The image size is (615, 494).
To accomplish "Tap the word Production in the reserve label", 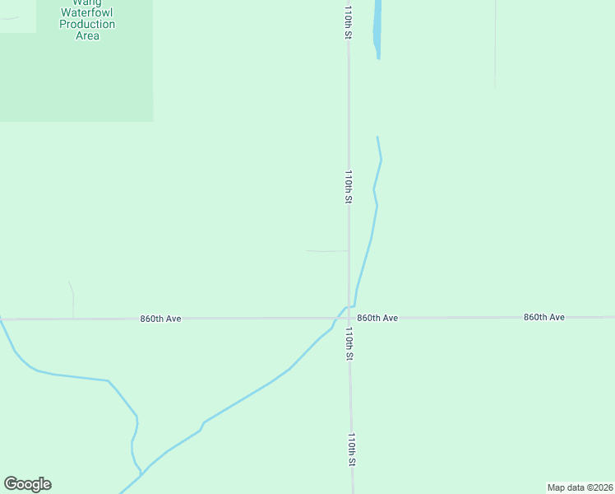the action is click(87, 25).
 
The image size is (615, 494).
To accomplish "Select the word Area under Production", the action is click(87, 35).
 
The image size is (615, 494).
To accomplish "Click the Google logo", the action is click(27, 484).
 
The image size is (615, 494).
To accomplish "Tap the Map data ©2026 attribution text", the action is click(580, 487).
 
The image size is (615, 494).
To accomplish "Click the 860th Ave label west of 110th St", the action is click(160, 318).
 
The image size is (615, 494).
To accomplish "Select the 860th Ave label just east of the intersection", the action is click(377, 318).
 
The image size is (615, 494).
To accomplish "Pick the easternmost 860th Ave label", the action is click(544, 317).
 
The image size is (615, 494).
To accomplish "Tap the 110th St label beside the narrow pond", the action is click(349, 21).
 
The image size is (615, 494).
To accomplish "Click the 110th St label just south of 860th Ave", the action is click(349, 344).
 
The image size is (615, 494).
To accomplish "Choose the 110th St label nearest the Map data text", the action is click(351, 450).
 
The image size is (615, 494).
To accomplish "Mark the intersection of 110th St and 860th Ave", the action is click(349, 318).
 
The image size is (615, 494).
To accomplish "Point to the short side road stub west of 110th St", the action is click(326, 251).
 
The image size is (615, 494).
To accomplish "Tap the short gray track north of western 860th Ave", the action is click(72, 301).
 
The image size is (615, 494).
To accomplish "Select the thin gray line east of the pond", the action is click(495, 45).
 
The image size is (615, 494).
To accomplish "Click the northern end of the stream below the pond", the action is click(377, 137).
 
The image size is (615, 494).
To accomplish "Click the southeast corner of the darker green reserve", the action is click(153, 121).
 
